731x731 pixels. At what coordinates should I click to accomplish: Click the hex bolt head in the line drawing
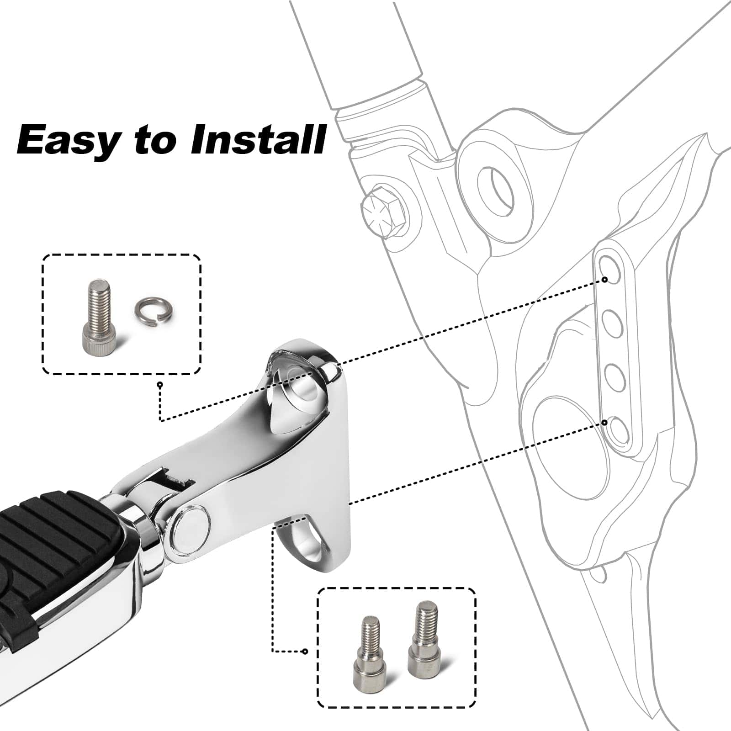click(383, 208)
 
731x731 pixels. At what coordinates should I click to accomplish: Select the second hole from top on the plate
click(612, 323)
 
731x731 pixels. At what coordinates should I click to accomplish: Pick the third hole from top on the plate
click(614, 377)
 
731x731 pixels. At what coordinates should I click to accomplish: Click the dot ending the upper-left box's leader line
click(160, 385)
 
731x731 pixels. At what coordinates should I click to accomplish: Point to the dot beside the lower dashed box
click(305, 651)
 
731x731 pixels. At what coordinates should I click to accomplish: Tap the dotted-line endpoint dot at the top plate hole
click(604, 279)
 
